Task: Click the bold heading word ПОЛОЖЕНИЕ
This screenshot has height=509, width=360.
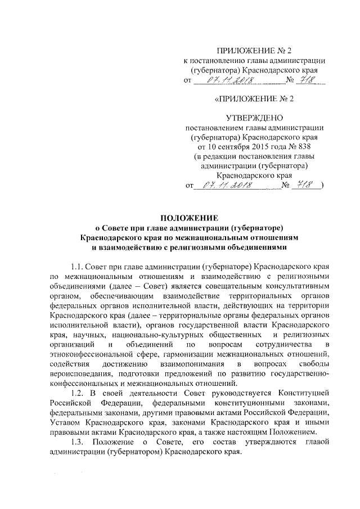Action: (x=179, y=218)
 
